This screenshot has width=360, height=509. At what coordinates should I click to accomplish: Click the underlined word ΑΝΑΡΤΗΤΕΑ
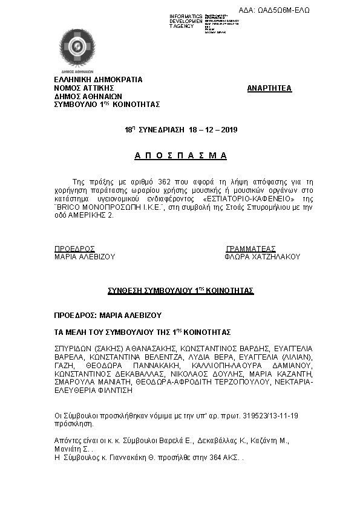pos(269,88)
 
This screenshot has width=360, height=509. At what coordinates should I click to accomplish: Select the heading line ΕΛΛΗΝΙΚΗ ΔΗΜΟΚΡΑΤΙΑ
pos(98,79)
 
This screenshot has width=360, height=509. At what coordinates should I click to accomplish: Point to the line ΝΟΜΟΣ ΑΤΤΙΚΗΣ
pos(84,88)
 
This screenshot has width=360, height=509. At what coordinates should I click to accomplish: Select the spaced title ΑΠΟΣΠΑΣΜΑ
pos(180,156)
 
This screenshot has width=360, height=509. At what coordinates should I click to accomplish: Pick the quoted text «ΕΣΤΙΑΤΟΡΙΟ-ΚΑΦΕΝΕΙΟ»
pos(249,198)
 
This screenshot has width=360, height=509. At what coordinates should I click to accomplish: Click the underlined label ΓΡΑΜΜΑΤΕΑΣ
pos(251,248)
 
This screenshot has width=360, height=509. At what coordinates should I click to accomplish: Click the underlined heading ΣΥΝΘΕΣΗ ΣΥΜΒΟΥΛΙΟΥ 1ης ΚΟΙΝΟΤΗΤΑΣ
pos(180,291)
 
